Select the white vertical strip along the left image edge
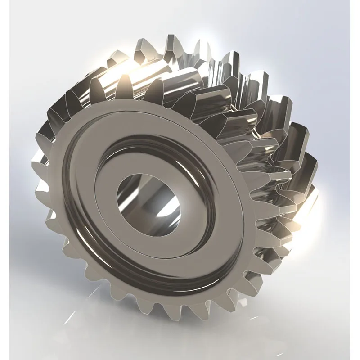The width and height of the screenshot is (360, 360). pyautogui.click(x=4, y=180)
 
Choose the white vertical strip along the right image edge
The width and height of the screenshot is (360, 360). pyautogui.click(x=355, y=180)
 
